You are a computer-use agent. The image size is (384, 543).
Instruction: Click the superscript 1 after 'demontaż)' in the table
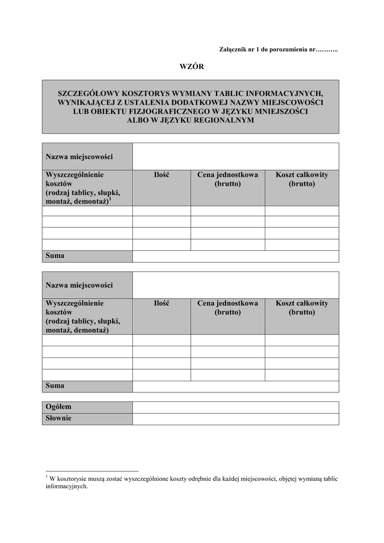coord(110,199)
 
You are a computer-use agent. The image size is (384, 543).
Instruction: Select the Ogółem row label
coord(58,407)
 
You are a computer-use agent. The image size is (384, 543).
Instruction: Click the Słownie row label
coord(58,418)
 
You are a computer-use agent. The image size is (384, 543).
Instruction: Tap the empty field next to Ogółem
coord(235,407)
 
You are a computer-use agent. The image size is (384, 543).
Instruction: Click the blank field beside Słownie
coord(235,418)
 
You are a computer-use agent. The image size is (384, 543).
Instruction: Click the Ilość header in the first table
coord(161,175)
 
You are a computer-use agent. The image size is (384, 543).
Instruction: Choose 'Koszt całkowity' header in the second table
coord(301,303)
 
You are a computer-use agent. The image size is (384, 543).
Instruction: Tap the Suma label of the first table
coord(55,256)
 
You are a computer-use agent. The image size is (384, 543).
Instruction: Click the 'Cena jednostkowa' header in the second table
coord(227,303)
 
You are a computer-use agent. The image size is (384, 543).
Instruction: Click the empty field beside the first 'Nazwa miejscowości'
coord(235,156)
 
